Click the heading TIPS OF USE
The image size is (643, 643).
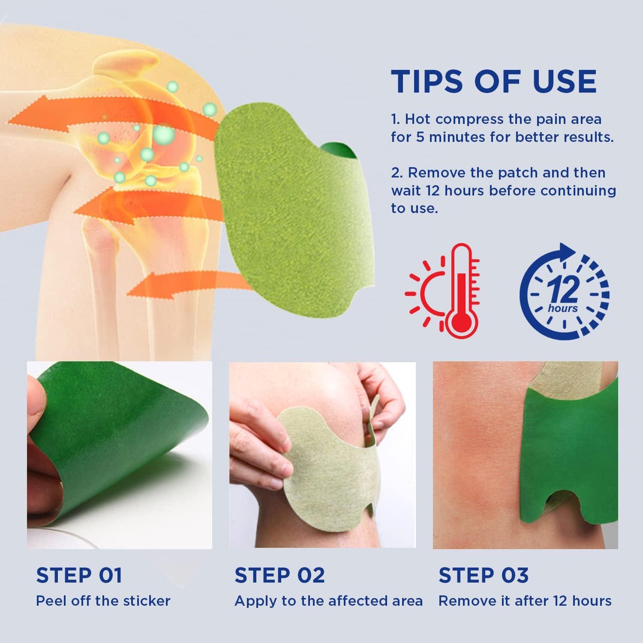(493, 81)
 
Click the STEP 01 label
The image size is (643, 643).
(79, 575)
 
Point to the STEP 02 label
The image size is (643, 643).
(279, 575)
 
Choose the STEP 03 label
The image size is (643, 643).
(483, 575)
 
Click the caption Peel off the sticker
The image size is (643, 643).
(103, 601)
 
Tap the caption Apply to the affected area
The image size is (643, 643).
(328, 601)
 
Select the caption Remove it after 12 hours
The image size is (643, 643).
(525, 601)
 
